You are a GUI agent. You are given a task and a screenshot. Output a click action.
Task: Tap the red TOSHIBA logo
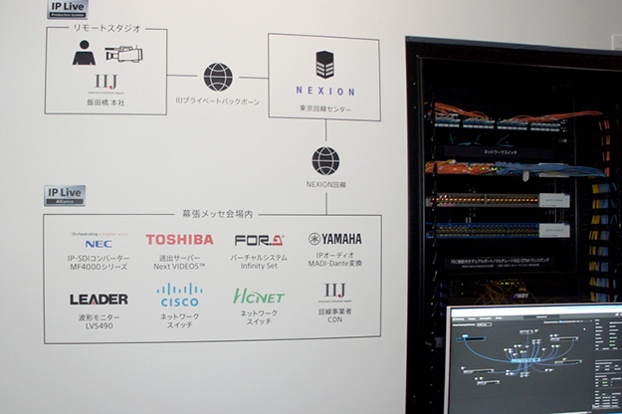click(179, 240)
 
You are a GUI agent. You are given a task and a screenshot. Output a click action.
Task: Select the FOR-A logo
click(259, 240)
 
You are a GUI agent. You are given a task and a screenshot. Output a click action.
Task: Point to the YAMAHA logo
click(335, 239)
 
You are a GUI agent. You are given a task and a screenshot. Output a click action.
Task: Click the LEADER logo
click(99, 299)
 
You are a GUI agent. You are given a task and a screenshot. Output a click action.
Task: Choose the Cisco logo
click(179, 295)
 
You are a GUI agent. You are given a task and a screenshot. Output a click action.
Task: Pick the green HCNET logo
click(259, 297)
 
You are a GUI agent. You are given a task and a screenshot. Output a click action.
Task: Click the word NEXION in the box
click(324, 91)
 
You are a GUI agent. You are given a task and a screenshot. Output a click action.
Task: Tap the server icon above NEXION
click(324, 65)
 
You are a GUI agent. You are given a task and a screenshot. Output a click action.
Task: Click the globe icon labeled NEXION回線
click(324, 160)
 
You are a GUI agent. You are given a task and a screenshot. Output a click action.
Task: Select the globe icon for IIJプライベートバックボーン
click(218, 77)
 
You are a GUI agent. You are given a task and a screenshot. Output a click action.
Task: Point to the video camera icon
click(126, 55)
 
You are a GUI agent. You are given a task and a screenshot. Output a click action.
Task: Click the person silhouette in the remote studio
click(84, 54)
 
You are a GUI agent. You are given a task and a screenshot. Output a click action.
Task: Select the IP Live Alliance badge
click(65, 194)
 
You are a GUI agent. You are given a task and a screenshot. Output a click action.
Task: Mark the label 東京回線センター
click(324, 108)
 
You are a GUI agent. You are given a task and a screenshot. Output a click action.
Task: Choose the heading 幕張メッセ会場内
click(212, 214)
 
